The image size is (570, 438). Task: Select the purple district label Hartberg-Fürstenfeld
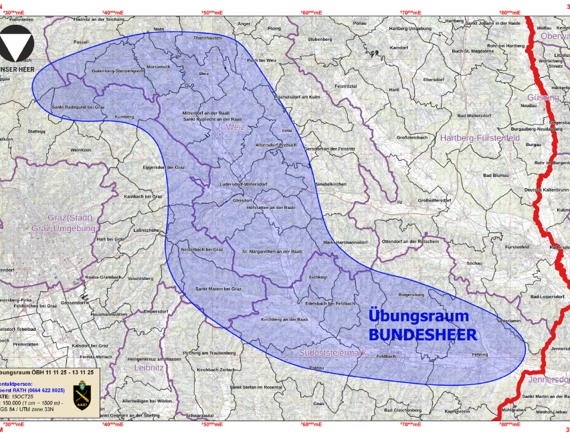480,137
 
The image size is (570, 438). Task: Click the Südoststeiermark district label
332,351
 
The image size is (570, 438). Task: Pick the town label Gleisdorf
242,200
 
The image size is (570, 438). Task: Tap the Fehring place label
480,354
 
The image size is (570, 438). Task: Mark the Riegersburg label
411,293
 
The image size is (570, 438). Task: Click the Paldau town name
317,368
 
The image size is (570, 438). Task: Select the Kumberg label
124,117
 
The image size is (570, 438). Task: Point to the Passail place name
81,41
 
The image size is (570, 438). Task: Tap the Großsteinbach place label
412,137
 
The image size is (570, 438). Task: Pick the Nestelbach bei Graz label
201,249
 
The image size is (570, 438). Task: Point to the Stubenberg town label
320,40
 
